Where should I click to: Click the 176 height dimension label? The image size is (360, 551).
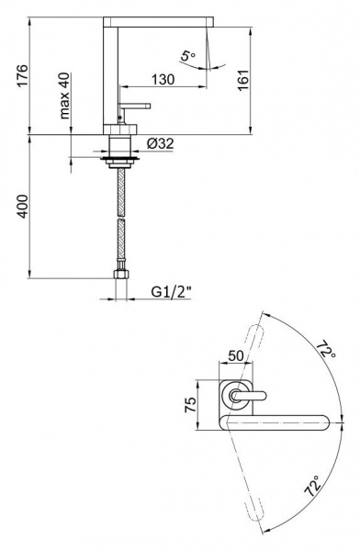pyautogui.click(x=22, y=75)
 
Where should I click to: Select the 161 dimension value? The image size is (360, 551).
pyautogui.click(x=243, y=81)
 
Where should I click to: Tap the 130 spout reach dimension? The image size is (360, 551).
pyautogui.click(x=163, y=79)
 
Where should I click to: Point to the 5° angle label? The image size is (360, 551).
pyautogui.click(x=188, y=56)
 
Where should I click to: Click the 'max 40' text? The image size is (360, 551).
pyautogui.click(x=64, y=96)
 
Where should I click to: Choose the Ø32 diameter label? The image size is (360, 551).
pyautogui.click(x=161, y=143)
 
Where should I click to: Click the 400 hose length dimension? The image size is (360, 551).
pyautogui.click(x=22, y=207)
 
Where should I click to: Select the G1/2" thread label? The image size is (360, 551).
pyautogui.click(x=172, y=292)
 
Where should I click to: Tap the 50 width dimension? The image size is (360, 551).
pyautogui.click(x=235, y=355)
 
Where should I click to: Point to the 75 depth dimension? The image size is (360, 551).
pyautogui.click(x=190, y=405)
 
